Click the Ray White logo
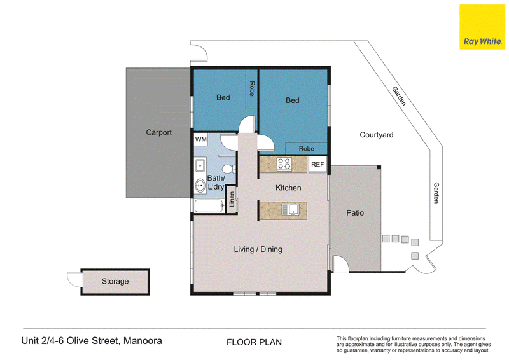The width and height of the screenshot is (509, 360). coord(482,27)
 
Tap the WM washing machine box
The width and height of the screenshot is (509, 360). coord(201,139)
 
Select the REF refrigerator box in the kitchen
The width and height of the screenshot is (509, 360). coord(317,165)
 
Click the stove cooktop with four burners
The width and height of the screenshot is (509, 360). coord(284,164)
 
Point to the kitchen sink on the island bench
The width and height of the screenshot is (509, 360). coord(290,210)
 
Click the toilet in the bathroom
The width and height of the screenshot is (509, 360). coord(229,169)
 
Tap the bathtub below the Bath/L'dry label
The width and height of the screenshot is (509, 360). coord(209,206)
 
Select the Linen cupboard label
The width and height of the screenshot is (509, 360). coord(232,199)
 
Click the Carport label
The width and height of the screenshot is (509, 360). coord(158,132)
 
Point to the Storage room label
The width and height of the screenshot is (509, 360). coord(115,281)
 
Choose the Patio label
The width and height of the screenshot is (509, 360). coord(355,213)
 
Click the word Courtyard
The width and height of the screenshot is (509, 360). coord(377,135)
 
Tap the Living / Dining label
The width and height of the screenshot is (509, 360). coord(258,249)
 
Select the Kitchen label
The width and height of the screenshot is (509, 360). coord(288,188)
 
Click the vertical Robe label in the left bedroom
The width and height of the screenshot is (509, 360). coord(252,88)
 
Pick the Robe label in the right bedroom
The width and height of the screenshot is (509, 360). coord(307,149)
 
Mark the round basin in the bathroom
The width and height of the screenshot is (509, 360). coord(200,186)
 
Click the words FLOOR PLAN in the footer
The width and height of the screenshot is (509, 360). coord(254,342)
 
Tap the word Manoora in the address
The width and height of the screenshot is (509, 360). coord(143,341)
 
